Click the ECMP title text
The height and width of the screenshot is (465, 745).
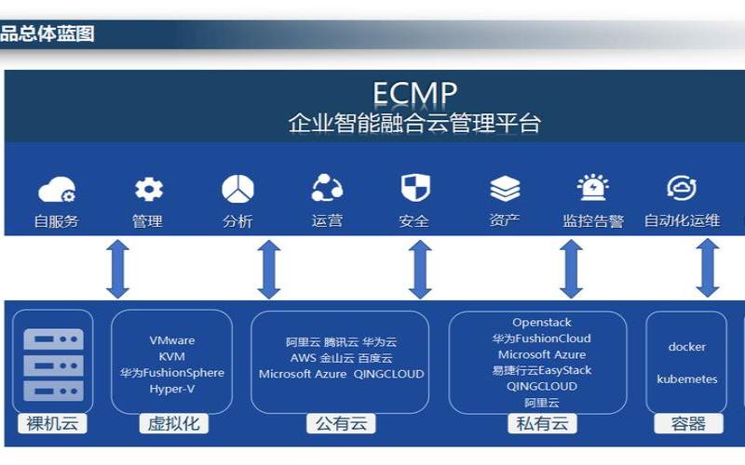coord(414,94)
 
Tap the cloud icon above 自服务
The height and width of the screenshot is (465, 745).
coord(56,191)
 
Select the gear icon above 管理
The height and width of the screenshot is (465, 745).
coord(148,190)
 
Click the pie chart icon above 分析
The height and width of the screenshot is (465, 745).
coord(237,189)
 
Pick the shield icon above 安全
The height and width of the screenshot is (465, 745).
coord(415,188)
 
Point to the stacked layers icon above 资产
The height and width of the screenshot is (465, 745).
coord(505,189)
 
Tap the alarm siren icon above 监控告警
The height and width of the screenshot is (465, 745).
coord(592,188)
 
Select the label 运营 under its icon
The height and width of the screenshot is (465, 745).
coord(327,221)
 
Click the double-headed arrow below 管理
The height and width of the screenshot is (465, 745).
coord(118,269)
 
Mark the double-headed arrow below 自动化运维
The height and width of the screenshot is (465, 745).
coord(708,269)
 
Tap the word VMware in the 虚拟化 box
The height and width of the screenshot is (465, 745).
coord(172,340)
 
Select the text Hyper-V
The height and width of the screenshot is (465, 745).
coord(172,389)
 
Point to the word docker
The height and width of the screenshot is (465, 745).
coord(687,347)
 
